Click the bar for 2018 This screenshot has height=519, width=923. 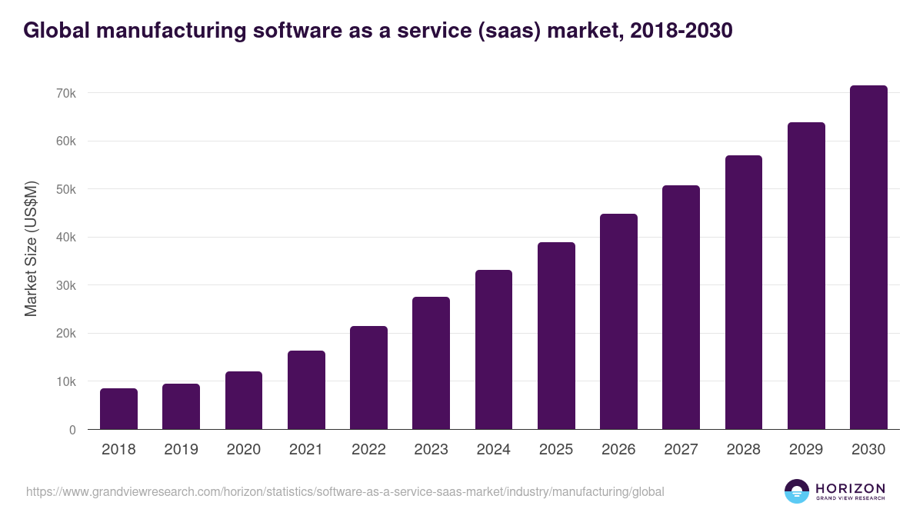pyautogui.click(x=118, y=409)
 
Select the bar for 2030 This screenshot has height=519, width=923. pyautogui.click(x=868, y=258)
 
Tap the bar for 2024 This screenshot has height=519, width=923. pyautogui.click(x=494, y=350)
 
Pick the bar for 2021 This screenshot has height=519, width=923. pyautogui.click(x=306, y=390)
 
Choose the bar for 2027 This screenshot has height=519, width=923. pyautogui.click(x=681, y=308)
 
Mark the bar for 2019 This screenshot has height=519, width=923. pyautogui.click(x=181, y=407)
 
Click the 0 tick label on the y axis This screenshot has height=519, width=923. pyautogui.click(x=72, y=430)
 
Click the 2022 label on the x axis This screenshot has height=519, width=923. pyautogui.click(x=368, y=450)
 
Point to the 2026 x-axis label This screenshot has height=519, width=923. pyautogui.click(x=618, y=450)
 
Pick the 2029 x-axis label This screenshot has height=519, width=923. pyautogui.click(x=806, y=450)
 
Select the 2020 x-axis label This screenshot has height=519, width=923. pyautogui.click(x=243, y=450)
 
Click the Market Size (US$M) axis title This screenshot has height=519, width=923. pyautogui.click(x=31, y=248)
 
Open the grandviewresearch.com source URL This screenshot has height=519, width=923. pyautogui.click(x=345, y=491)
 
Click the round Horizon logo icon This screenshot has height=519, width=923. pyautogui.click(x=797, y=491)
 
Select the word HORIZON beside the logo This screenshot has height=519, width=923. pyautogui.click(x=850, y=488)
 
